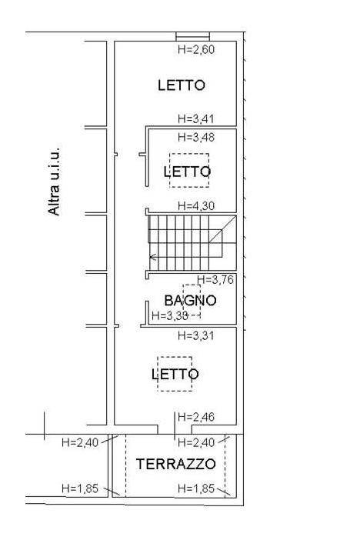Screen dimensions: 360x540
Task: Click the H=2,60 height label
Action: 196,49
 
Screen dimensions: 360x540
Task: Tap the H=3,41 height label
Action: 196,118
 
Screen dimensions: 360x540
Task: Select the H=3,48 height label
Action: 196,137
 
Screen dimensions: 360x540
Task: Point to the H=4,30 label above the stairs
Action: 196,206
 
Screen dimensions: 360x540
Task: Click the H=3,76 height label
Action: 215,280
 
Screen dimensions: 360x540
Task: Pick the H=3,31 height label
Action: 196,335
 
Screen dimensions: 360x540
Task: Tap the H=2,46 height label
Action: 196,417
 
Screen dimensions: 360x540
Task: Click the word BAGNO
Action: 190,301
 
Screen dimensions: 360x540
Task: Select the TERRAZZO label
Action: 175,465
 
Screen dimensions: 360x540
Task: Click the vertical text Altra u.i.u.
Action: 54,181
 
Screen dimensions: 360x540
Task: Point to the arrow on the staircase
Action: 153,257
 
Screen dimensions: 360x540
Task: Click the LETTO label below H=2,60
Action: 182,85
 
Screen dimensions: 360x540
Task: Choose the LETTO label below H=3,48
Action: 187,172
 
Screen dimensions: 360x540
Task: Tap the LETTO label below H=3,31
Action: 175,374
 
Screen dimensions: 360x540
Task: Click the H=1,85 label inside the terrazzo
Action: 196,488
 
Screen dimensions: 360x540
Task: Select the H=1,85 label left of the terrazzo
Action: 80,488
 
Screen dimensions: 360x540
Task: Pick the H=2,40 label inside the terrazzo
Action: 196,442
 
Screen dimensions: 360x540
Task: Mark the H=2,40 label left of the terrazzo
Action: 80,442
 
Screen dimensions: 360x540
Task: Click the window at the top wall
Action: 193,36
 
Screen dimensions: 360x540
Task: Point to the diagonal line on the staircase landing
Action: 222,229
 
